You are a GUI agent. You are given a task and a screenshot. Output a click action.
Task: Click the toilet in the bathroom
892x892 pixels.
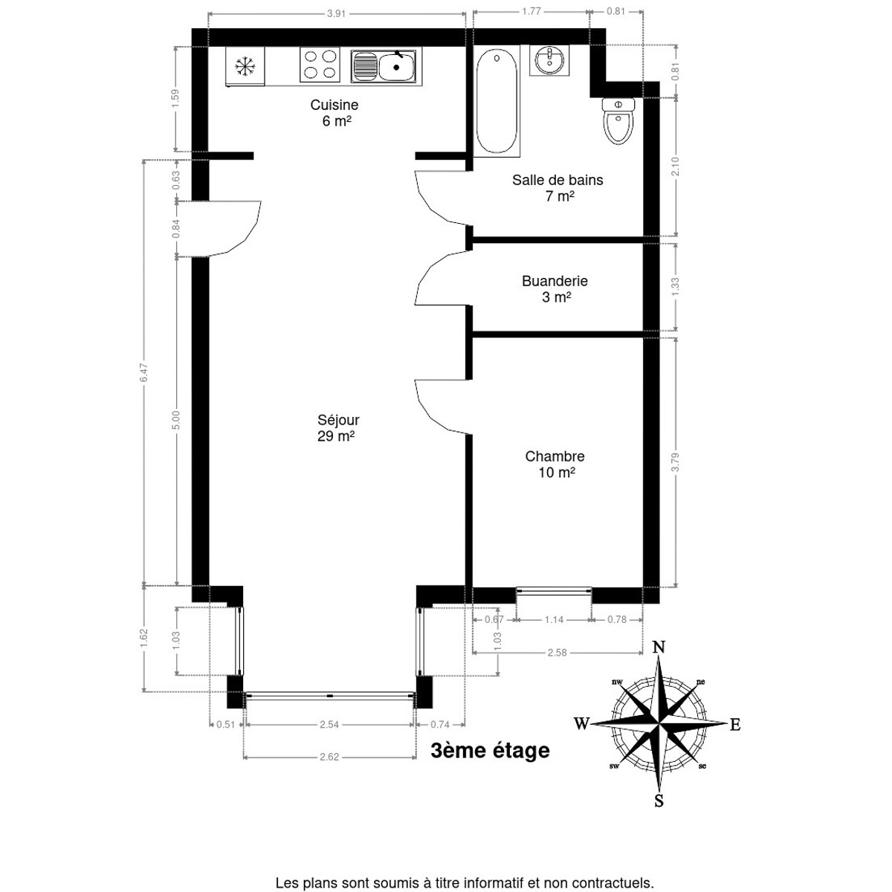pyautogui.click(x=618, y=121)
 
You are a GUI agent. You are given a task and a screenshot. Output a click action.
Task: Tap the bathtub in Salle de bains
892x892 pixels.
pyautogui.click(x=497, y=101)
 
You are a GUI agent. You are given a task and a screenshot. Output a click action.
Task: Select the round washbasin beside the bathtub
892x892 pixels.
pyautogui.click(x=549, y=60)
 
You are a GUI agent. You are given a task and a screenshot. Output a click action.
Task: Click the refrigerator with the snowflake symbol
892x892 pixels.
pyautogui.click(x=245, y=66)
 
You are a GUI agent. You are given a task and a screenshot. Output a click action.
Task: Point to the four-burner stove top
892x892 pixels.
pyautogui.click(x=320, y=65)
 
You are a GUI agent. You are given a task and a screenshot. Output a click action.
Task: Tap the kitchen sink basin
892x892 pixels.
pyautogui.click(x=395, y=66)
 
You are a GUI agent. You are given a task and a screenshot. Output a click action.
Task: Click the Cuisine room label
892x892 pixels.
pyautogui.click(x=334, y=105)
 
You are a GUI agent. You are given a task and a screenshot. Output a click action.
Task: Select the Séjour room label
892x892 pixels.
pyautogui.click(x=338, y=420)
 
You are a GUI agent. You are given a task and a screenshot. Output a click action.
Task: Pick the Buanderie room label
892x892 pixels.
pyautogui.click(x=555, y=281)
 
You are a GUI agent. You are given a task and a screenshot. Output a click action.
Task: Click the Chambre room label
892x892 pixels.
pyautogui.click(x=555, y=456)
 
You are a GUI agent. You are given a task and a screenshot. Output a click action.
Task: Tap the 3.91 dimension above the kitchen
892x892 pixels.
pyautogui.click(x=337, y=13)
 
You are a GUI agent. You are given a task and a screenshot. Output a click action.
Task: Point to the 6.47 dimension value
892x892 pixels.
pyautogui.click(x=144, y=372)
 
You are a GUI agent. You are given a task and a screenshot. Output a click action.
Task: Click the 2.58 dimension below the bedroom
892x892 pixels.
pyautogui.click(x=557, y=653)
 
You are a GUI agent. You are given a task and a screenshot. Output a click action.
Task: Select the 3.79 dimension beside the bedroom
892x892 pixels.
pyautogui.click(x=676, y=462)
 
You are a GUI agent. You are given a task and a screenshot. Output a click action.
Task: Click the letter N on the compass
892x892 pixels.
pyautogui.click(x=659, y=647)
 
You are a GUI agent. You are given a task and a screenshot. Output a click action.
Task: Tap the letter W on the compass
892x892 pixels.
pyautogui.click(x=581, y=723)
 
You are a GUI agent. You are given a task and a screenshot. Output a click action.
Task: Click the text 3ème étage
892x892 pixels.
pyautogui.click(x=490, y=750)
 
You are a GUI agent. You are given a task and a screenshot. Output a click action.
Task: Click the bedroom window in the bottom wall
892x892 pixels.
pyautogui.click(x=554, y=591)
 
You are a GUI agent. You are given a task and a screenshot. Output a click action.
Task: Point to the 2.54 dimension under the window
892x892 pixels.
pyautogui.click(x=329, y=725)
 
